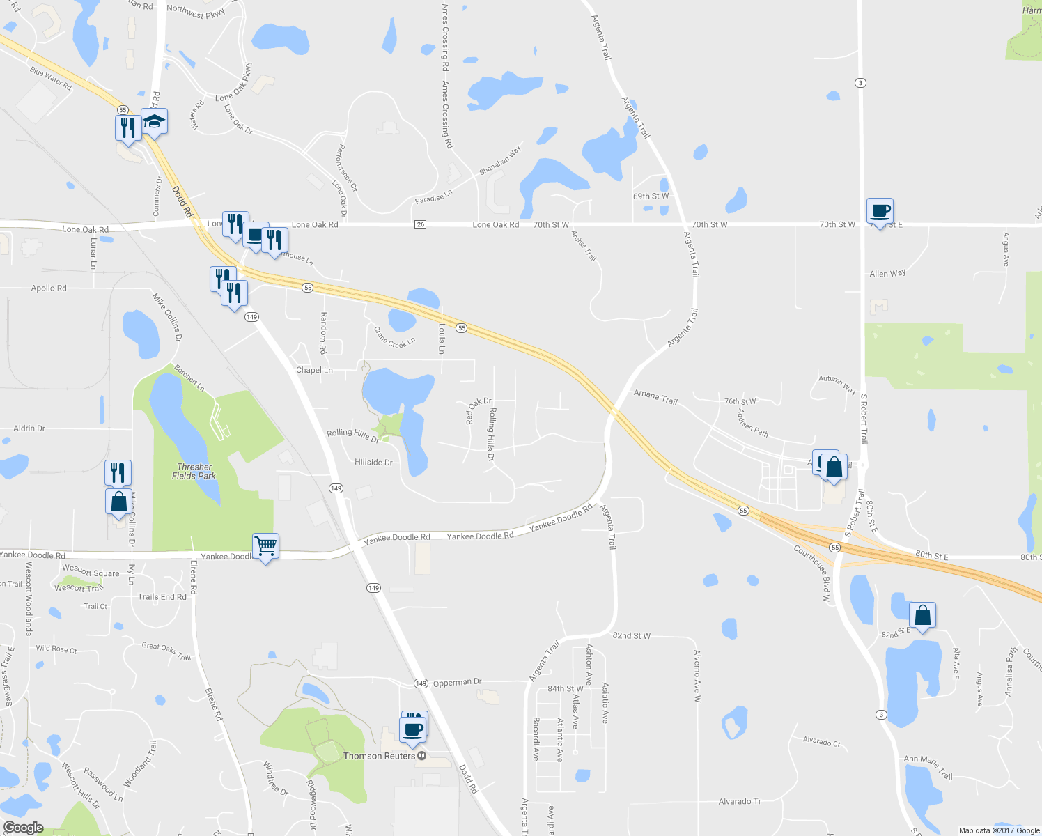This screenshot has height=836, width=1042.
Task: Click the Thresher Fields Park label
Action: pos(194,472)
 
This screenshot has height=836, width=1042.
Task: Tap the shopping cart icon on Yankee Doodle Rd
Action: pos(265,546)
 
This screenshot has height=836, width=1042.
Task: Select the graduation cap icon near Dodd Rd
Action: pos(154,122)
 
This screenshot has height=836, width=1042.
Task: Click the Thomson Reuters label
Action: pos(380,756)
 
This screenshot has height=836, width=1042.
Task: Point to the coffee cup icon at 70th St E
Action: pos(880,211)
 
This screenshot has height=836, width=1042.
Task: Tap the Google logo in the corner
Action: pos(23,828)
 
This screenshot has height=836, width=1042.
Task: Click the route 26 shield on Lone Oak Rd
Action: pos(419,224)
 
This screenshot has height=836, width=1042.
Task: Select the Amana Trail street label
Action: pos(655,397)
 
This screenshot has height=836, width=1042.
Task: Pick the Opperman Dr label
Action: pos(457,683)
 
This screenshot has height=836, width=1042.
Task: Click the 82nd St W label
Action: pos(631,636)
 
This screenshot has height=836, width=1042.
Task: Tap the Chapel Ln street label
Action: pos(314,370)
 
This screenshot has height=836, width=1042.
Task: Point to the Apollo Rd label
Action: pos(49,288)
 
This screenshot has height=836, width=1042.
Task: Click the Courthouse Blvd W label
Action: pos(813,573)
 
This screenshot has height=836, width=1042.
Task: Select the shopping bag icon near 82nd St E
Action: pos(922,616)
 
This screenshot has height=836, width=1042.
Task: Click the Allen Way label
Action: pos(887,274)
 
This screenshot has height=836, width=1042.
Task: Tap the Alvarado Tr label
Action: pos(740,802)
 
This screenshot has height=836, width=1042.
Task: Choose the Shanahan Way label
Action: pos(500,161)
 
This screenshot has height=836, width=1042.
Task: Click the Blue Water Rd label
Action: pos(51,79)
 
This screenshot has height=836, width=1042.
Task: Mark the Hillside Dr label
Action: pos(373,463)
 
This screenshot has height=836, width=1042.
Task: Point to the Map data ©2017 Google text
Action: pos(999,830)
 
